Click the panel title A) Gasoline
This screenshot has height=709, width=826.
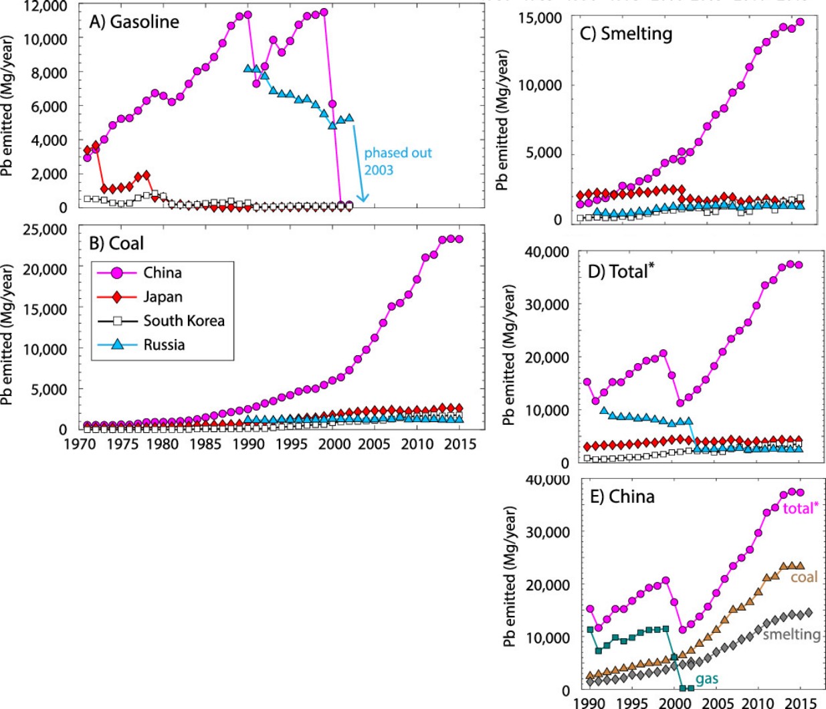pyautogui.click(x=134, y=21)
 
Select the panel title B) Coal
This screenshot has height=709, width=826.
pyautogui.click(x=117, y=243)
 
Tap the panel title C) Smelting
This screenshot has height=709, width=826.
pyautogui.click(x=626, y=33)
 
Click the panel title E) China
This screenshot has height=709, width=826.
pyautogui.click(x=622, y=496)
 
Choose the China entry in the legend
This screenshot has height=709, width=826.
pyautogui.click(x=163, y=273)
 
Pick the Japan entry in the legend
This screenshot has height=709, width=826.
pyautogui.click(x=163, y=297)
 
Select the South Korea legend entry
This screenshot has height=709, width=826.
pyautogui.click(x=184, y=321)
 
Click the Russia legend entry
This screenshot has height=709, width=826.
pyautogui.click(x=164, y=345)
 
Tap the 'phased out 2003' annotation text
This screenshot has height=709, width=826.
pyautogui.click(x=397, y=161)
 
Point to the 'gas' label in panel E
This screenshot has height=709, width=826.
pyautogui.click(x=707, y=679)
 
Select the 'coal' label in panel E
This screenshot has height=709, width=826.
pyautogui.click(x=804, y=577)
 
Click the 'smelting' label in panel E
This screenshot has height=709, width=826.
pyautogui.click(x=791, y=634)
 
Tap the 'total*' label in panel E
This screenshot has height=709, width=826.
pyautogui.click(x=801, y=508)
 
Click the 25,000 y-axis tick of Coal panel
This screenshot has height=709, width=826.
pyautogui.click(x=45, y=229)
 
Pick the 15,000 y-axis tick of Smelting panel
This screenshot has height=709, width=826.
pyautogui.click(x=540, y=18)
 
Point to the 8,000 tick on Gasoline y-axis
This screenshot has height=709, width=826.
pyautogui.click(x=49, y=73)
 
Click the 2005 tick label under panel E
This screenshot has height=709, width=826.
pyautogui.click(x=717, y=703)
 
